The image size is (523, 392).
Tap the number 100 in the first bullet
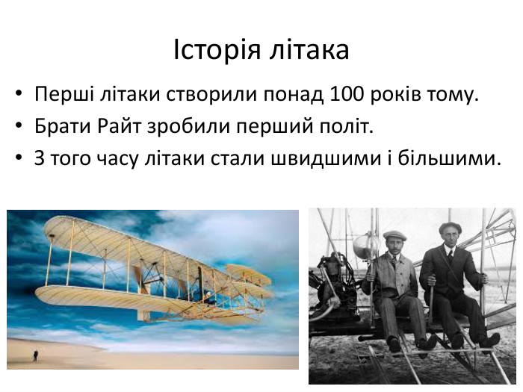343,96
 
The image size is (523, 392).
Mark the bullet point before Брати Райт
18,128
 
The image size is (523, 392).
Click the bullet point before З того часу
18,160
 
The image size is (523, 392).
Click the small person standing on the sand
35,355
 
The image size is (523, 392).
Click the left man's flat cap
393,235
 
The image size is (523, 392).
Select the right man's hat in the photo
450,227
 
